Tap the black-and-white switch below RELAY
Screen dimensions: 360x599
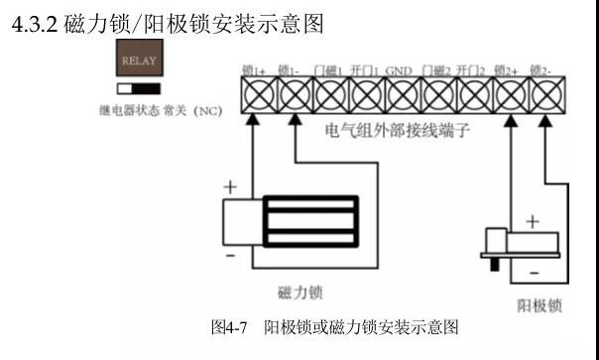tap(139, 87)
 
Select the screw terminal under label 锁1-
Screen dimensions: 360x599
tap(294, 96)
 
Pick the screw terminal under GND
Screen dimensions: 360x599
tap(401, 96)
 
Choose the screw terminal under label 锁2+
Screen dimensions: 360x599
tap(508, 96)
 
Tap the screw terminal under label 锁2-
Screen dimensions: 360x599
tap(543, 96)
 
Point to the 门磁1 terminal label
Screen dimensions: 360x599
tap(327, 71)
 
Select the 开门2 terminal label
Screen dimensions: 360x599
tap(470, 71)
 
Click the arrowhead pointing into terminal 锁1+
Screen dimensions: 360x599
tap(252, 119)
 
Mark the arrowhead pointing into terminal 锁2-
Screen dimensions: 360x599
tap(544, 119)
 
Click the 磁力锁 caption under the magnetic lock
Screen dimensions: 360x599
tap(299, 293)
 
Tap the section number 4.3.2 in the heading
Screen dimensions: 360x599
tap(33, 24)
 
